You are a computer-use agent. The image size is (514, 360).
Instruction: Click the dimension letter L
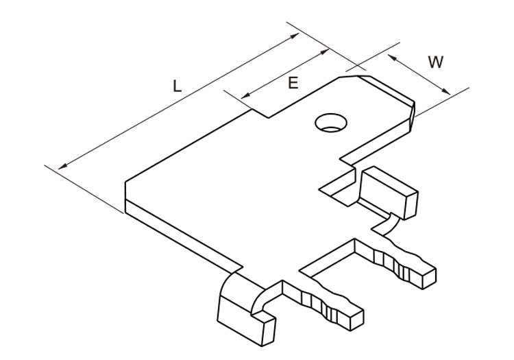click(177, 86)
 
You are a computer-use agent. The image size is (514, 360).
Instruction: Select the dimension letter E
click(293, 83)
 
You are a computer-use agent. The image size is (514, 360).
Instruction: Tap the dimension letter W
click(435, 62)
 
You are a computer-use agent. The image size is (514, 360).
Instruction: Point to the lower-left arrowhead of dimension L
click(62, 167)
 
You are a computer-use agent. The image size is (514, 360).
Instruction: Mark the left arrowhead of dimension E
click(246, 95)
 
